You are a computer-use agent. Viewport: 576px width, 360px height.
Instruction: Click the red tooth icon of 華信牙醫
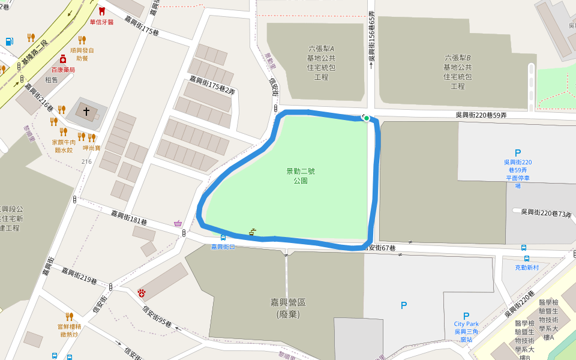[101, 11]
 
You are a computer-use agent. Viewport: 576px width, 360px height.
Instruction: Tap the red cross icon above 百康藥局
[62, 59]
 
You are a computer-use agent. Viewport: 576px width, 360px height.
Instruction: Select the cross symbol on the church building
[86, 112]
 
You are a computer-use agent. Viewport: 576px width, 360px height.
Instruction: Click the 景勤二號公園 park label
[301, 175]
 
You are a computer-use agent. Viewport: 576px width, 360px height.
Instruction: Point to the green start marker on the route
[366, 118]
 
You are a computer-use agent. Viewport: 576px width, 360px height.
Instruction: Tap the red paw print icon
[142, 292]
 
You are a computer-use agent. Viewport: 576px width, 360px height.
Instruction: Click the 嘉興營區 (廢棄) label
[287, 308]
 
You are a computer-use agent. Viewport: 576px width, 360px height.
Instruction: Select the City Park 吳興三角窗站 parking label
[466, 328]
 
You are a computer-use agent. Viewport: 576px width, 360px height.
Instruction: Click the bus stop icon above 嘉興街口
[223, 238]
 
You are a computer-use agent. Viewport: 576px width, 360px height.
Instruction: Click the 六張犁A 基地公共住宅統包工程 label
[321, 62]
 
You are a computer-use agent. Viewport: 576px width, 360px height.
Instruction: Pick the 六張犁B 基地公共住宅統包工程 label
[458, 71]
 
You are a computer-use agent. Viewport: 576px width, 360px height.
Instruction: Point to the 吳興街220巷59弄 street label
[481, 115]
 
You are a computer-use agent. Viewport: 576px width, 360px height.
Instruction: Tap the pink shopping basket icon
[178, 224]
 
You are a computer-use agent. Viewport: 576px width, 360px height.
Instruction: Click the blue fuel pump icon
[9, 41]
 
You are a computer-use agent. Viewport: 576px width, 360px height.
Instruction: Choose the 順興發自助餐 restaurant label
[82, 54]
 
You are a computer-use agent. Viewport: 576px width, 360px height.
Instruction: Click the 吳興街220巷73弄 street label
[546, 212]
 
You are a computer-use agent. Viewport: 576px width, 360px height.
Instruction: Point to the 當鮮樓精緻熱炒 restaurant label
[69, 329]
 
